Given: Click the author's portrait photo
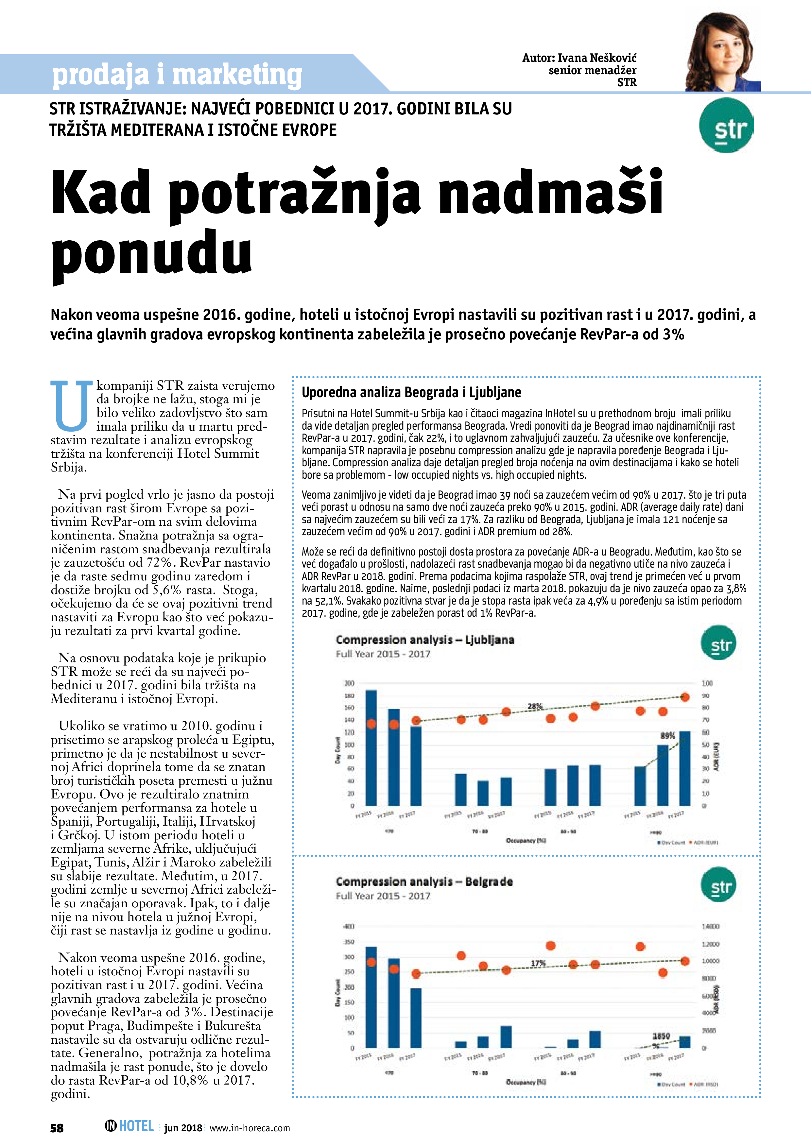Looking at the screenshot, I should click(723, 52).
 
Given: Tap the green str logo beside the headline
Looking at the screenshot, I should click(726, 125).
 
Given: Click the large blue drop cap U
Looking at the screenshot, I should click(72, 406).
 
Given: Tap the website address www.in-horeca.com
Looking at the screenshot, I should click(249, 1128).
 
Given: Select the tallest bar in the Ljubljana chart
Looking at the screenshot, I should click(371, 747).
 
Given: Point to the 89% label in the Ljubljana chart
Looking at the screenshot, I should click(667, 735).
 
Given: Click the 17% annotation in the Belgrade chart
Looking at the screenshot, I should click(538, 963).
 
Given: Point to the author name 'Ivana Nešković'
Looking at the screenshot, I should click(596, 58).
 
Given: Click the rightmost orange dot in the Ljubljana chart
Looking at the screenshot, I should click(685, 697).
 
